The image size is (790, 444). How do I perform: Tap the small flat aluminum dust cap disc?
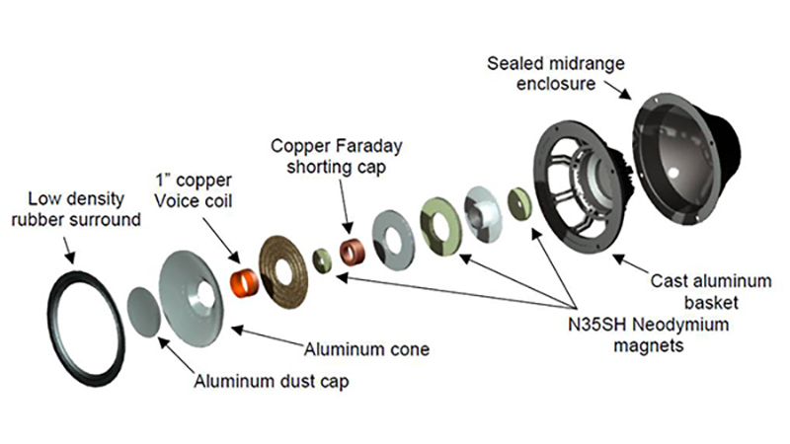pyautogui.click(x=144, y=310)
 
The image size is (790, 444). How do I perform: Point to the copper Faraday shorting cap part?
pyautogui.click(x=353, y=251)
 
